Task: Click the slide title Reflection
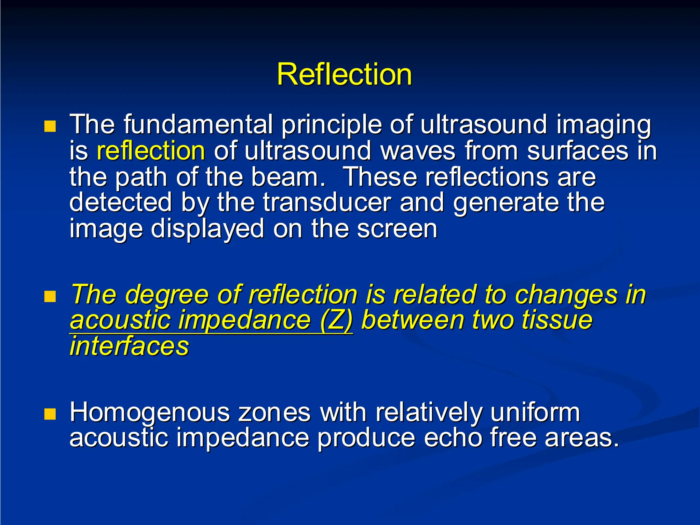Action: [344, 75]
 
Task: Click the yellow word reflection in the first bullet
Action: [151, 151]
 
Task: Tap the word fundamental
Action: [198, 124]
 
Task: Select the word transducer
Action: [327, 202]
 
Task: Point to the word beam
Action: [288, 177]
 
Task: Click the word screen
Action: [397, 229]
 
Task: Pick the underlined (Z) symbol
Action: [336, 320]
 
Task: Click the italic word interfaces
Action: [129, 346]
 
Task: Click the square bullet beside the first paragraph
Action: [50, 126]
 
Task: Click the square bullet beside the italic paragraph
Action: [50, 297]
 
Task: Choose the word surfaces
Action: [577, 151]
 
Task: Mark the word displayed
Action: [207, 229]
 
